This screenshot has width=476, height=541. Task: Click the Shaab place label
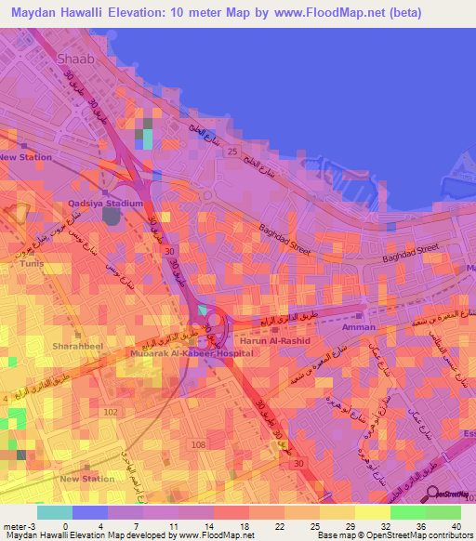[x=76, y=59]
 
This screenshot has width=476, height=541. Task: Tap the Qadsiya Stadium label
[x=112, y=204]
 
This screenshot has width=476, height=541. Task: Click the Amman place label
[x=359, y=327]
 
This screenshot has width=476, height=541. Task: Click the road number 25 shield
[x=232, y=151]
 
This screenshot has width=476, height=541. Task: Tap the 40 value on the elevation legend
[x=456, y=526]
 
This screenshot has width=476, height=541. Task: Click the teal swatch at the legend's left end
[x=55, y=512]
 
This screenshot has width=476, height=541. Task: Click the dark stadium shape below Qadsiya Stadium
[x=112, y=217]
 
